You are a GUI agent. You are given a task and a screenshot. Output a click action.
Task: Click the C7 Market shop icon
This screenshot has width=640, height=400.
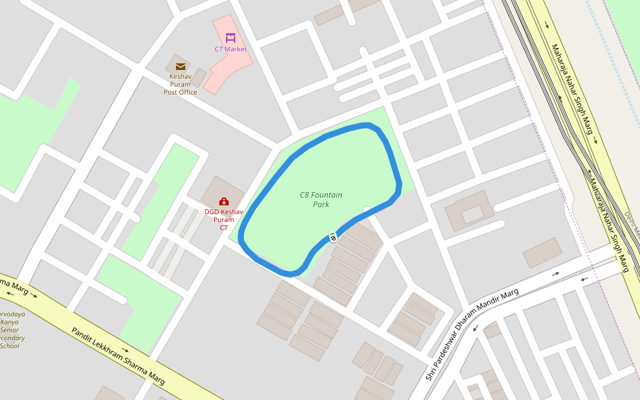231,38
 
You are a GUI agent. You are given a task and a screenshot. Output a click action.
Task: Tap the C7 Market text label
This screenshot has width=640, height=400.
231,49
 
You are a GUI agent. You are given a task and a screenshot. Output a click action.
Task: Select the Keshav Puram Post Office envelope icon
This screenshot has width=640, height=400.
181,66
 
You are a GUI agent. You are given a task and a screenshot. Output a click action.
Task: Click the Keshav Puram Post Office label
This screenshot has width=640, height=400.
181,84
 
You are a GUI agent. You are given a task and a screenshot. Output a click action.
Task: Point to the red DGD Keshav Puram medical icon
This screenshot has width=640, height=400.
224,201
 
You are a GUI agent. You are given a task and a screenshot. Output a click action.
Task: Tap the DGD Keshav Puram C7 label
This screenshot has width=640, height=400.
224,219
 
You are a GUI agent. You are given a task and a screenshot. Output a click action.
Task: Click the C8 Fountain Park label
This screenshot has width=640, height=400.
321,199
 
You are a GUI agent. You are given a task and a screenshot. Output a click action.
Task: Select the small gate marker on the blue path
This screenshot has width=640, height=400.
333,237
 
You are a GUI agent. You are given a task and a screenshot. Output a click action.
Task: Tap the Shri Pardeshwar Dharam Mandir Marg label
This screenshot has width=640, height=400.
472,335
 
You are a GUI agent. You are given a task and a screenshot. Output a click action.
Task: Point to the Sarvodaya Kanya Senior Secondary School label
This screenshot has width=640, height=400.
10,329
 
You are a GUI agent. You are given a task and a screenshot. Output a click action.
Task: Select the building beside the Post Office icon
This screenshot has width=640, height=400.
199,77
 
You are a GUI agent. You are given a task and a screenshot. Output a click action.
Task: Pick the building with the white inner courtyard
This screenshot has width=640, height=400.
469,213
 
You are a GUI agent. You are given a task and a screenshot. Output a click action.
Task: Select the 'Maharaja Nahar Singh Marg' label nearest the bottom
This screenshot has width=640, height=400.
608,225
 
